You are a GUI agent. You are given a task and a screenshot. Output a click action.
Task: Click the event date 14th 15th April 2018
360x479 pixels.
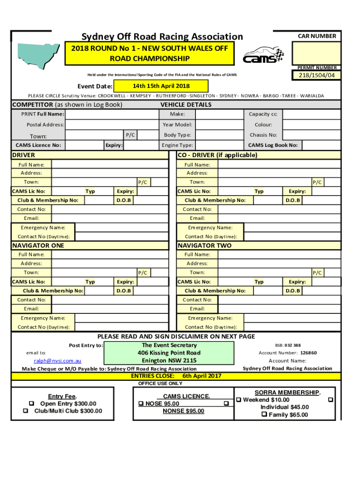tap(154, 86)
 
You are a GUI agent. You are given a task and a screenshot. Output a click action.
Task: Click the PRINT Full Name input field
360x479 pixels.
tap(111, 114)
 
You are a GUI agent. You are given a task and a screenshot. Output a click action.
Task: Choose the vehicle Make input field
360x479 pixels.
tap(218, 114)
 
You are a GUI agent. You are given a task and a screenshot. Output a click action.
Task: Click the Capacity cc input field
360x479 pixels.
tap(309, 114)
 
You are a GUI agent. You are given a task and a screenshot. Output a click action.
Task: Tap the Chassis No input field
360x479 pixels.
tap(309, 135)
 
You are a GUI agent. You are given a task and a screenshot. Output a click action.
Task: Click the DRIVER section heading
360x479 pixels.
tap(23, 155)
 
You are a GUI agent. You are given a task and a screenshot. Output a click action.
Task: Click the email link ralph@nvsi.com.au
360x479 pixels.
tap(58, 361)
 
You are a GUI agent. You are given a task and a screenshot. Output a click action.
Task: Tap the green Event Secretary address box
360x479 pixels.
tap(169, 353)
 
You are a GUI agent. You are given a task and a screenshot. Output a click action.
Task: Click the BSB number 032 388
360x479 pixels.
tap(294, 345)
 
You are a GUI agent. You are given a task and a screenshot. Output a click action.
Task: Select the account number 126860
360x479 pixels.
tap(308, 353)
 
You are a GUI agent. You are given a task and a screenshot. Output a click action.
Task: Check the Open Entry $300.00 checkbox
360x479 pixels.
tap(31, 404)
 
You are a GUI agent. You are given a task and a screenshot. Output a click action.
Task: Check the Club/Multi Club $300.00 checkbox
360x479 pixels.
tap(26, 411)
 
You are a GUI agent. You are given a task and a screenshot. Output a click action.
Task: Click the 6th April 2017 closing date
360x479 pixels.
tap(202, 376)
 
